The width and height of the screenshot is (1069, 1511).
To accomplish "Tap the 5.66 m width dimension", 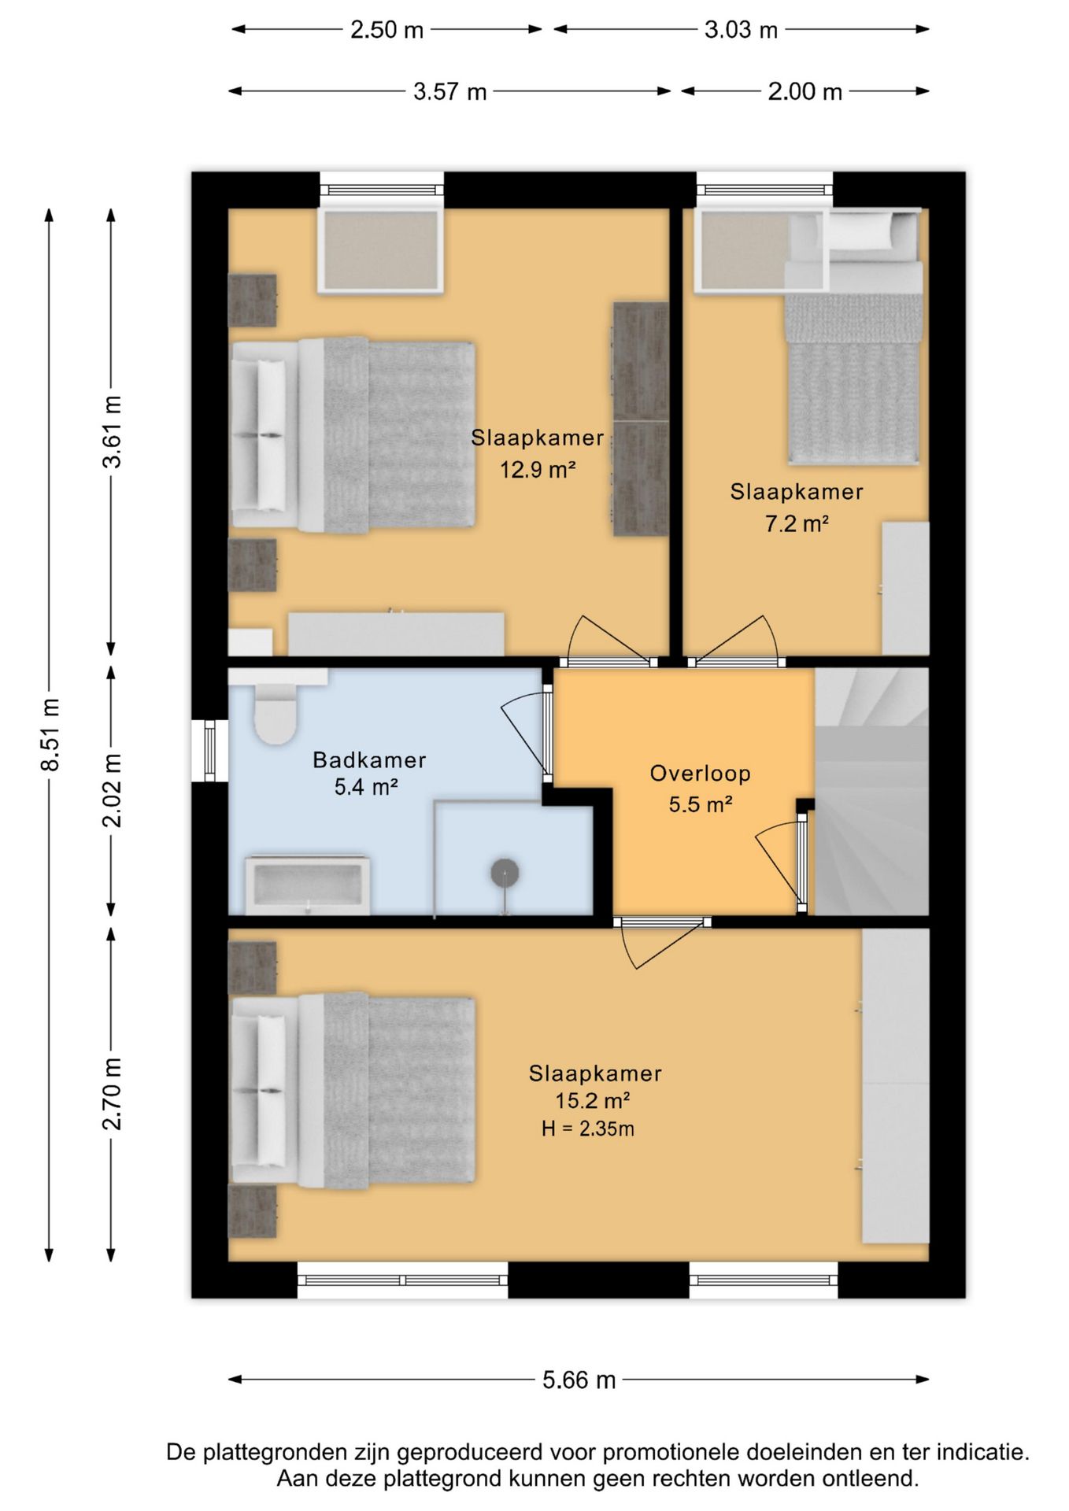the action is tap(579, 1380).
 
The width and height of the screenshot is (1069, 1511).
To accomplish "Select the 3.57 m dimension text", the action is tap(450, 92).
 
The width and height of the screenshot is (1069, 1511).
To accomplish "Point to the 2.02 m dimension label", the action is tap(112, 789).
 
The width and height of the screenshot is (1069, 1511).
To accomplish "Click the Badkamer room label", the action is tap(369, 760).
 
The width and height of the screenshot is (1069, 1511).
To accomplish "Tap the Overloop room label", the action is tap(700, 774).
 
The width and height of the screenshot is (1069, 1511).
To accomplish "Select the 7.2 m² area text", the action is tap(797, 523).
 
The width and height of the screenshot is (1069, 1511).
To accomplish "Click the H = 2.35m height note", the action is tap(587, 1129).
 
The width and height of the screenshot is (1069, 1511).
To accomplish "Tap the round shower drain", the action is tap(505, 873).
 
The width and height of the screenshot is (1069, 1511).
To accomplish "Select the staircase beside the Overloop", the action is tap(871, 791).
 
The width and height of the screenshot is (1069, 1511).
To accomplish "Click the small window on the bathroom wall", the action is tap(209, 751).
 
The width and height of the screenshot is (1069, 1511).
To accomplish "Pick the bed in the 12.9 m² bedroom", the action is tap(353, 435).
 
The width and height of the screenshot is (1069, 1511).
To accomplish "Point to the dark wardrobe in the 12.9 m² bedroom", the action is tap(640, 419).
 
